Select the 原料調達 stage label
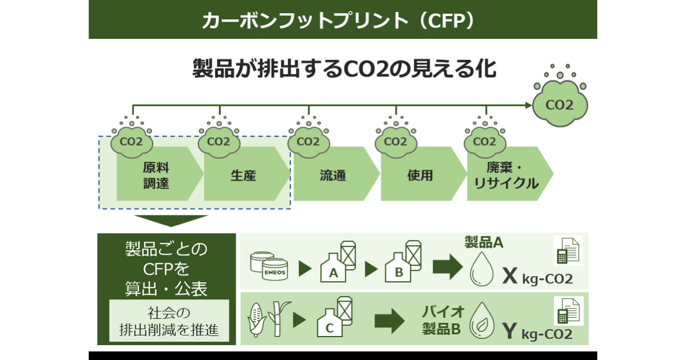tap(155, 175)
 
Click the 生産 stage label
tap(243, 175)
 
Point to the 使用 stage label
tap(420, 175)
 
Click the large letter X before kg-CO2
tap(509, 277)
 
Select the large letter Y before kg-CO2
tap(510, 331)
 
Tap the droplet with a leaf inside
tap(480, 323)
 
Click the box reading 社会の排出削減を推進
tap(169, 321)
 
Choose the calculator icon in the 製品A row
tap(567, 251)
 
